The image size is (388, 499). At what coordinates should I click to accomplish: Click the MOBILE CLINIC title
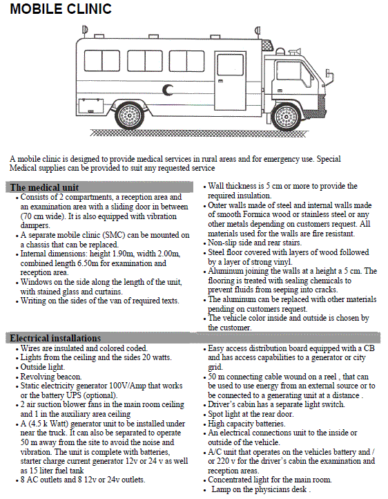(61, 9)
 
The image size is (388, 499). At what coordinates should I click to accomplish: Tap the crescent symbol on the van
(167, 90)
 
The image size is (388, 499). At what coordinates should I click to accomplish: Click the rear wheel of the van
(129, 116)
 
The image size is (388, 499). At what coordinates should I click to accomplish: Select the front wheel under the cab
(286, 117)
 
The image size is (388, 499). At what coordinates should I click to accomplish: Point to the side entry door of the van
(231, 81)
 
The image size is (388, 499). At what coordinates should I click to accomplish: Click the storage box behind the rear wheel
(91, 106)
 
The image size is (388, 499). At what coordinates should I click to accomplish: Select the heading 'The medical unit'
(44, 187)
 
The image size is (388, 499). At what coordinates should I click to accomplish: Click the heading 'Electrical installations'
(55, 338)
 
